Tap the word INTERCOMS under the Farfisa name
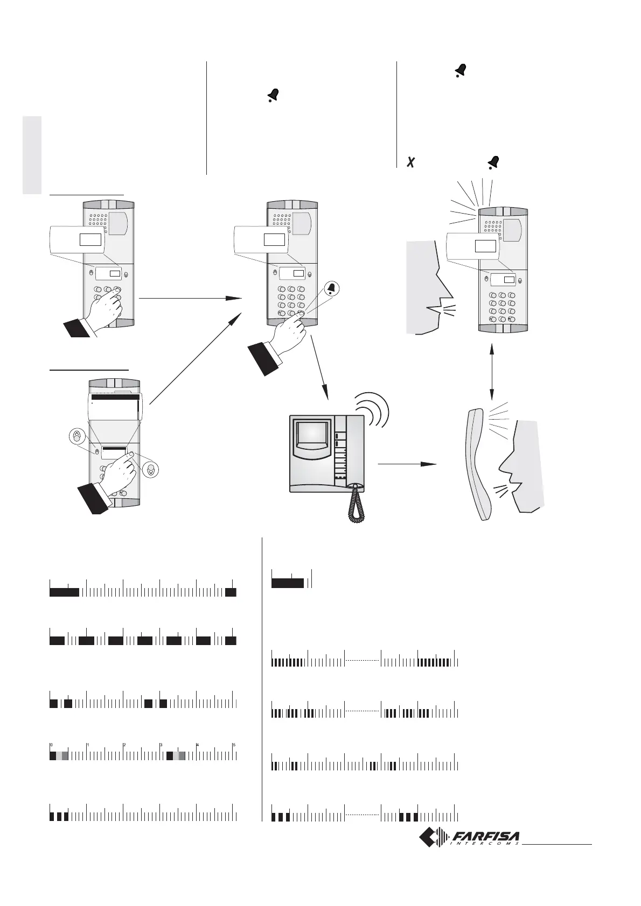484,844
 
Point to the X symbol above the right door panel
410,162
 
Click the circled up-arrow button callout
77,436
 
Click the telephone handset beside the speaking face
480,465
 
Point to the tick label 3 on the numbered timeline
161,745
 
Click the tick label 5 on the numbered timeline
234,745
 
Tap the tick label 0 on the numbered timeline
51,745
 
